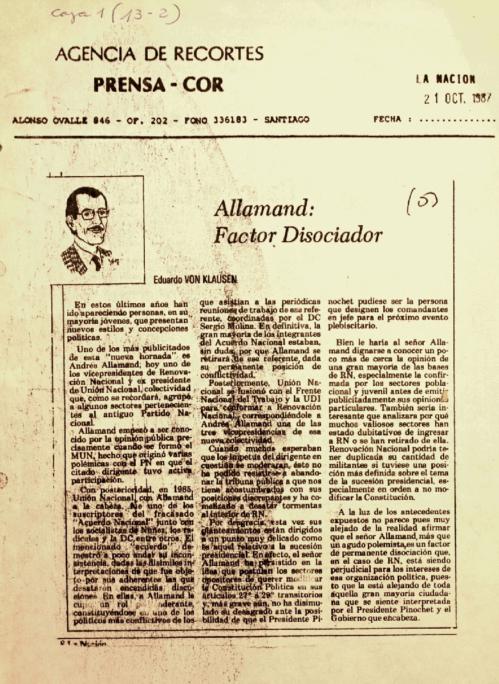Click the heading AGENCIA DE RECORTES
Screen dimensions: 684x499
pos(159,54)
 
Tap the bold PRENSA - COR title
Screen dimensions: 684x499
pos(159,85)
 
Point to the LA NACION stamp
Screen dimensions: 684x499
pos(445,79)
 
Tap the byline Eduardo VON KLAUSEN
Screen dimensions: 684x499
pos(194,279)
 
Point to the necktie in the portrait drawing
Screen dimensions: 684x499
pos(96,260)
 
